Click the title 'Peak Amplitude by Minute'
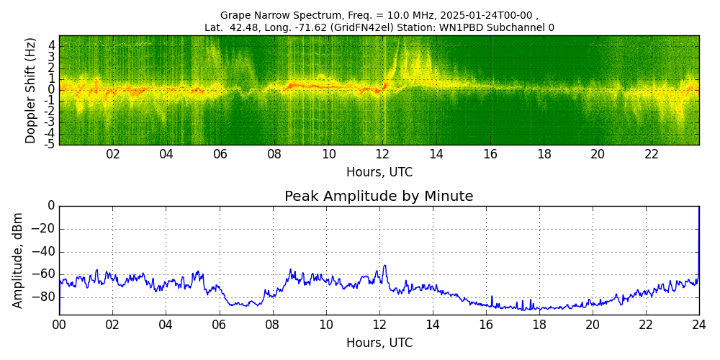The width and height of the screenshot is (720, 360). coord(379,197)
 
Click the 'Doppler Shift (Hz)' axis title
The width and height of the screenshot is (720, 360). coord(31,90)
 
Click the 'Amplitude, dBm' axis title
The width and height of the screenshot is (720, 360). coord(19,260)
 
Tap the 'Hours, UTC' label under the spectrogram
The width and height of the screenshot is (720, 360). coord(379,173)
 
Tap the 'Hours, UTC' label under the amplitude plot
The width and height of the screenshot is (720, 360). coord(379,343)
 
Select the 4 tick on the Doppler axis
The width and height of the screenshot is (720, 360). coord(52,45)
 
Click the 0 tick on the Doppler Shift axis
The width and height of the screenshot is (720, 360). coord(52,90)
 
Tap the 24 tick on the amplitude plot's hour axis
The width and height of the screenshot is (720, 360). coord(699,325)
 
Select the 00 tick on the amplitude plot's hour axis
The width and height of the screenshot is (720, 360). coord(59,325)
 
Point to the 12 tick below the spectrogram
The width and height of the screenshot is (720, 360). coord(382,154)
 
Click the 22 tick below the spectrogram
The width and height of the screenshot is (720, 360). coord(652,154)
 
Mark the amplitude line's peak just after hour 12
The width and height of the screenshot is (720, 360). coord(384,266)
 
